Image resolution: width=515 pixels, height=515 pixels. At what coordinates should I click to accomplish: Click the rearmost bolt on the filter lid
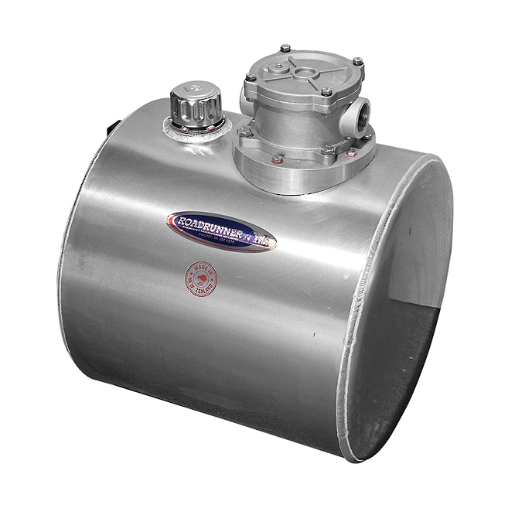pyautogui.click(x=285, y=48)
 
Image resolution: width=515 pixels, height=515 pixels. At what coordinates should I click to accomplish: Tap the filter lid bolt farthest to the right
pyautogui.click(x=357, y=62)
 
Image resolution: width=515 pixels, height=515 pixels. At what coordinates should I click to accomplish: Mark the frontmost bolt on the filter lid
pyautogui.click(x=327, y=92)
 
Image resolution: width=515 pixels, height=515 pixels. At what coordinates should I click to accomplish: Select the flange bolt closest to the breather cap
pyautogui.click(x=244, y=132)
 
